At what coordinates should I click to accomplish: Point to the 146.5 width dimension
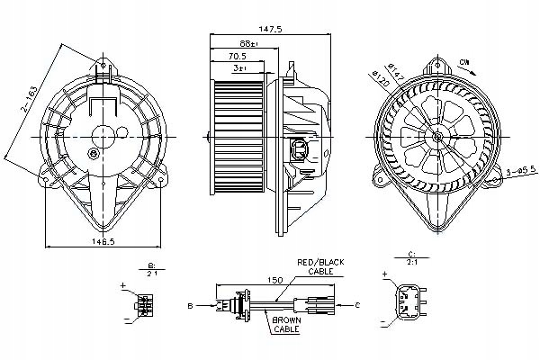[102, 241]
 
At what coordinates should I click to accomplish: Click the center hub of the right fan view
[437, 137]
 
